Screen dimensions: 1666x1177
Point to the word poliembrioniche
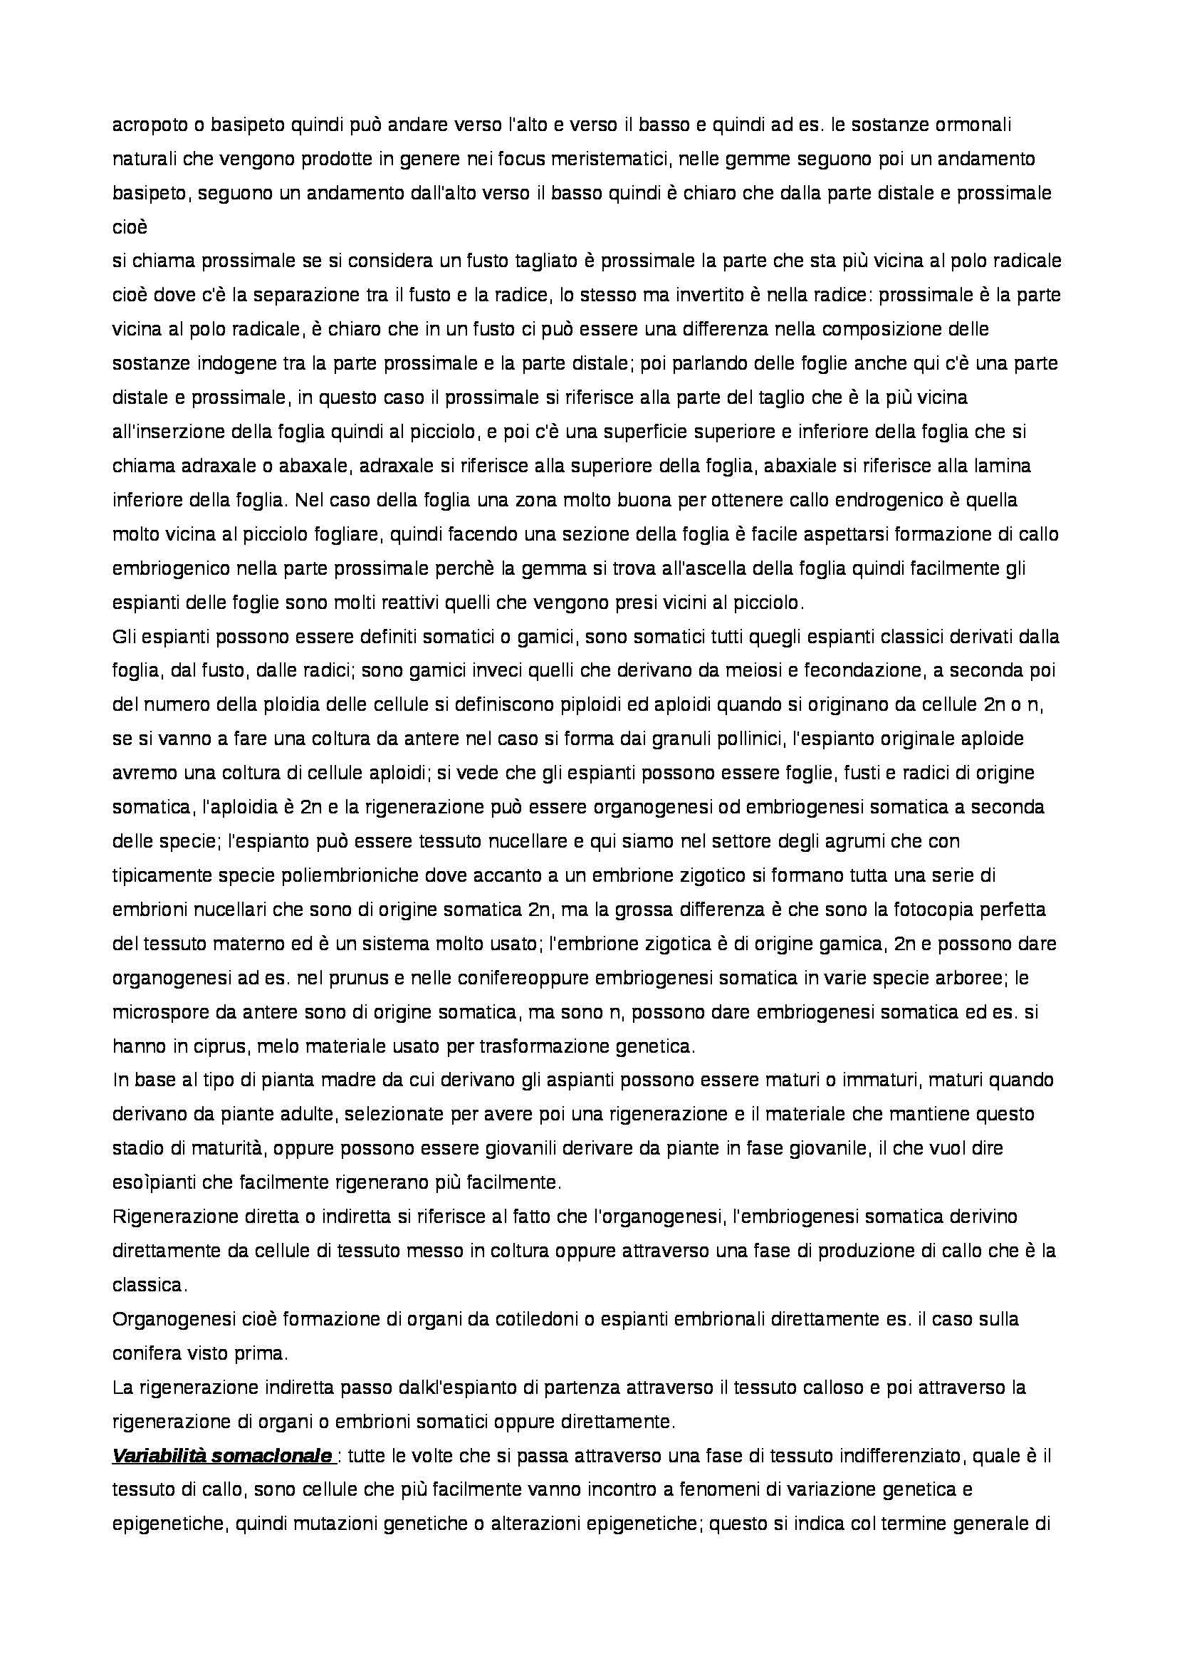pos(292,876)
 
